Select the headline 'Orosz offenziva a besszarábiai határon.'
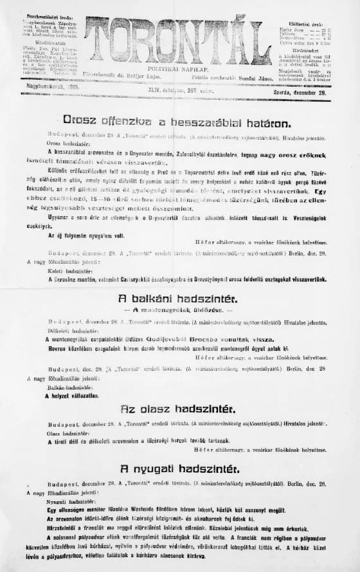pos(177,120)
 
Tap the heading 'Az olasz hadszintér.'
pos(178,409)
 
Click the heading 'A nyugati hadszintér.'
pos(178,468)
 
